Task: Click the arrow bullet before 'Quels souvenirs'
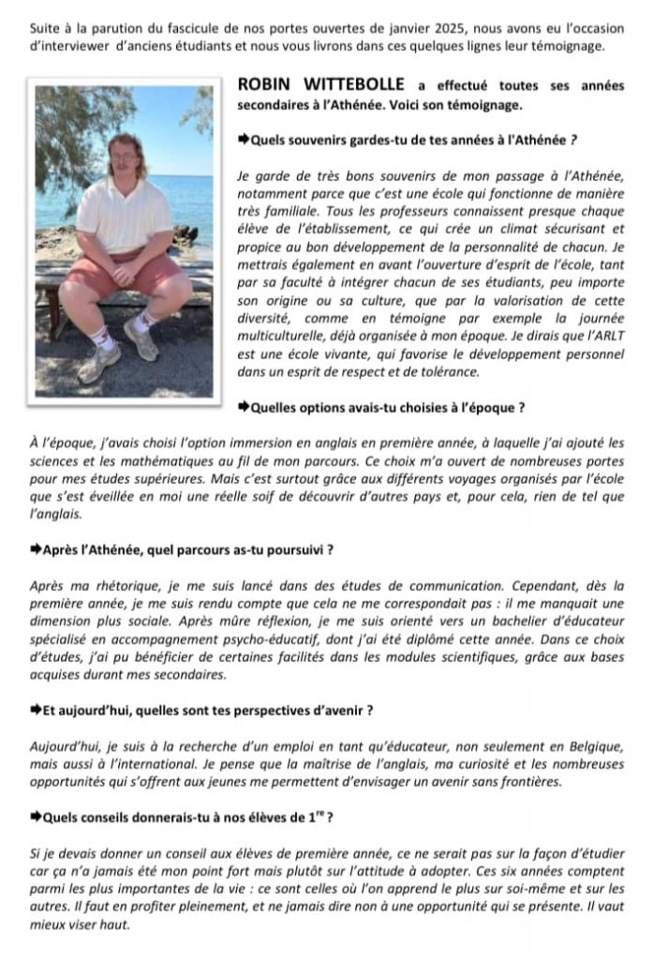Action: [x=245, y=139]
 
